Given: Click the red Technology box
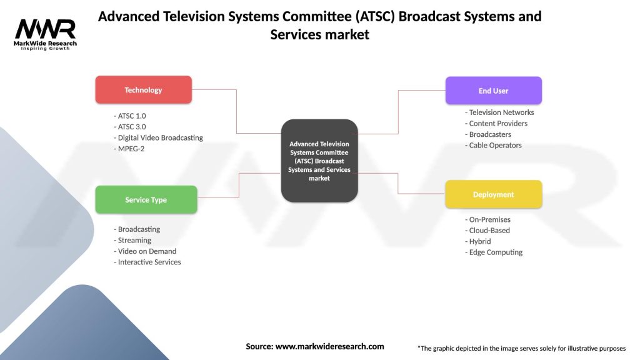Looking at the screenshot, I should [143, 90].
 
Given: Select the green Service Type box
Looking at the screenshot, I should [146, 200].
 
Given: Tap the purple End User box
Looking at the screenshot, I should [493, 91].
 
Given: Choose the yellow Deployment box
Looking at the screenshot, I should [493, 194].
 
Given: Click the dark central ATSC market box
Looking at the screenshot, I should [319, 161].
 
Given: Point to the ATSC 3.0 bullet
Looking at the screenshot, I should [131, 127].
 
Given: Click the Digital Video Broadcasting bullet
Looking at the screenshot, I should [159, 137].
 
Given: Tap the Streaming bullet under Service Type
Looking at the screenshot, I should [134, 240].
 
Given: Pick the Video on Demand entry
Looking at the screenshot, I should [146, 251].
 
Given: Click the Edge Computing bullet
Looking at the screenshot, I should [495, 252].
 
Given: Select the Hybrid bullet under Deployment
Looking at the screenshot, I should [479, 241].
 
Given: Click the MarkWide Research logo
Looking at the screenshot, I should [46, 34].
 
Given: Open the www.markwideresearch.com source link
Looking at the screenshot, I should [329, 346].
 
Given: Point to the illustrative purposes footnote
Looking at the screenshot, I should [521, 348].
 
